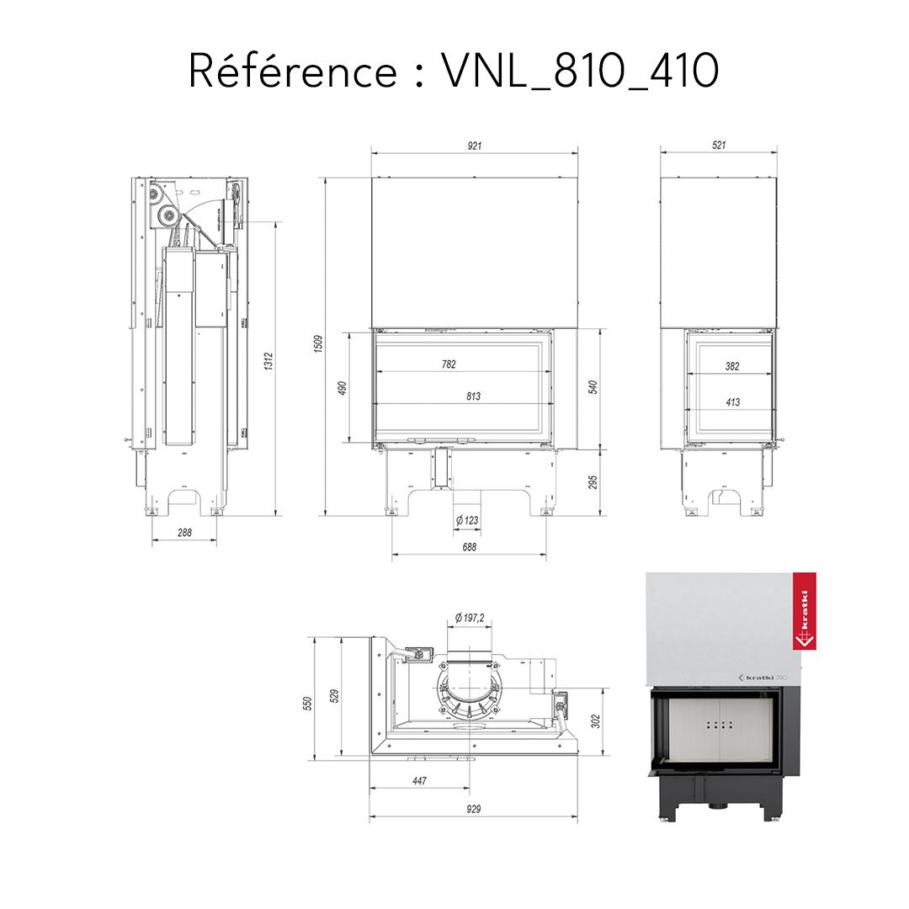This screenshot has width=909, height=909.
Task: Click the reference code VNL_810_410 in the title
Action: (580, 72)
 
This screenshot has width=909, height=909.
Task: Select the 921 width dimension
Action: (475, 146)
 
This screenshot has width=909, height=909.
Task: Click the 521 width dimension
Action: (718, 146)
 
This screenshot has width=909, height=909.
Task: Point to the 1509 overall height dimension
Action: (318, 346)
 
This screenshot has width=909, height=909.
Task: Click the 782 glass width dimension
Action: (449, 364)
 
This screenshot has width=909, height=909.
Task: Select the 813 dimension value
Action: (473, 396)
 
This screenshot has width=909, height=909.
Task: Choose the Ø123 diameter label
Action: (466, 520)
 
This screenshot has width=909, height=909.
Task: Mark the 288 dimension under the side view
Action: (184, 532)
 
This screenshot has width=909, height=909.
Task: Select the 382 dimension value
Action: (732, 366)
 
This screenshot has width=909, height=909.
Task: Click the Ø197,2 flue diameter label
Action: (469, 619)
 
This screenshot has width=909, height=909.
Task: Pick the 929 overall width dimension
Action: (473, 809)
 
